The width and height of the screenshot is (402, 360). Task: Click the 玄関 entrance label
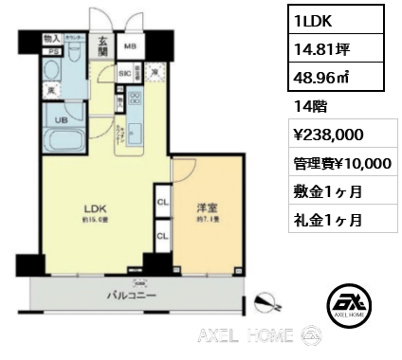[x=101, y=46]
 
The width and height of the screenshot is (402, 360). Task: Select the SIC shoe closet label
[x=124, y=72]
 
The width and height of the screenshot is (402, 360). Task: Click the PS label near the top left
[x=53, y=52]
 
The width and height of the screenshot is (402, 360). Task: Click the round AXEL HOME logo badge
[x=348, y=306]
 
